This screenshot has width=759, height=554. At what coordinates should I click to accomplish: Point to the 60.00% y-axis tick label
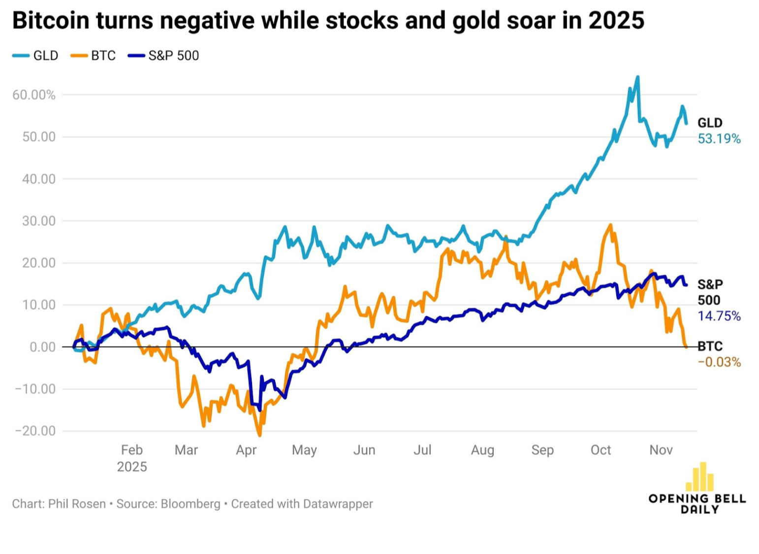34,95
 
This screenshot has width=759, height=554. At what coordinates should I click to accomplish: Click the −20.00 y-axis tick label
35,431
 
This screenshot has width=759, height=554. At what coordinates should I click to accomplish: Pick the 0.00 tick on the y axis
42,347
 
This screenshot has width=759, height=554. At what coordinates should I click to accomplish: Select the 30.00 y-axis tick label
39,221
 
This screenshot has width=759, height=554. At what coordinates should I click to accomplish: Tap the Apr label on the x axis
246,450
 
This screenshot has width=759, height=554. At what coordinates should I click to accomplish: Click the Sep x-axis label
542,450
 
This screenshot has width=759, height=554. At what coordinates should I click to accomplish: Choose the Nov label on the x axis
661,450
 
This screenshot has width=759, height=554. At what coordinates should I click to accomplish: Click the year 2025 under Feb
132,466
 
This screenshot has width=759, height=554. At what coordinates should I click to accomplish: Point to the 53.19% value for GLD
719,139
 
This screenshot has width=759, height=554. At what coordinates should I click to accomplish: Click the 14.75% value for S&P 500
719,316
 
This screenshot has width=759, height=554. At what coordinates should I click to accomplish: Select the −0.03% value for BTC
719,362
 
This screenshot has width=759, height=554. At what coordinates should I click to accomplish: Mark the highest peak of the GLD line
638,77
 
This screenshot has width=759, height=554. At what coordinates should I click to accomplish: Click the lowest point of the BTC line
259,435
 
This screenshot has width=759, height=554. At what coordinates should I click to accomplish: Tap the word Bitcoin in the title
51,21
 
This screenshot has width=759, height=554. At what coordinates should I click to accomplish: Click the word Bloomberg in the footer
190,504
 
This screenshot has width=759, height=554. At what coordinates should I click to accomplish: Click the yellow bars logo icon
699,477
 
